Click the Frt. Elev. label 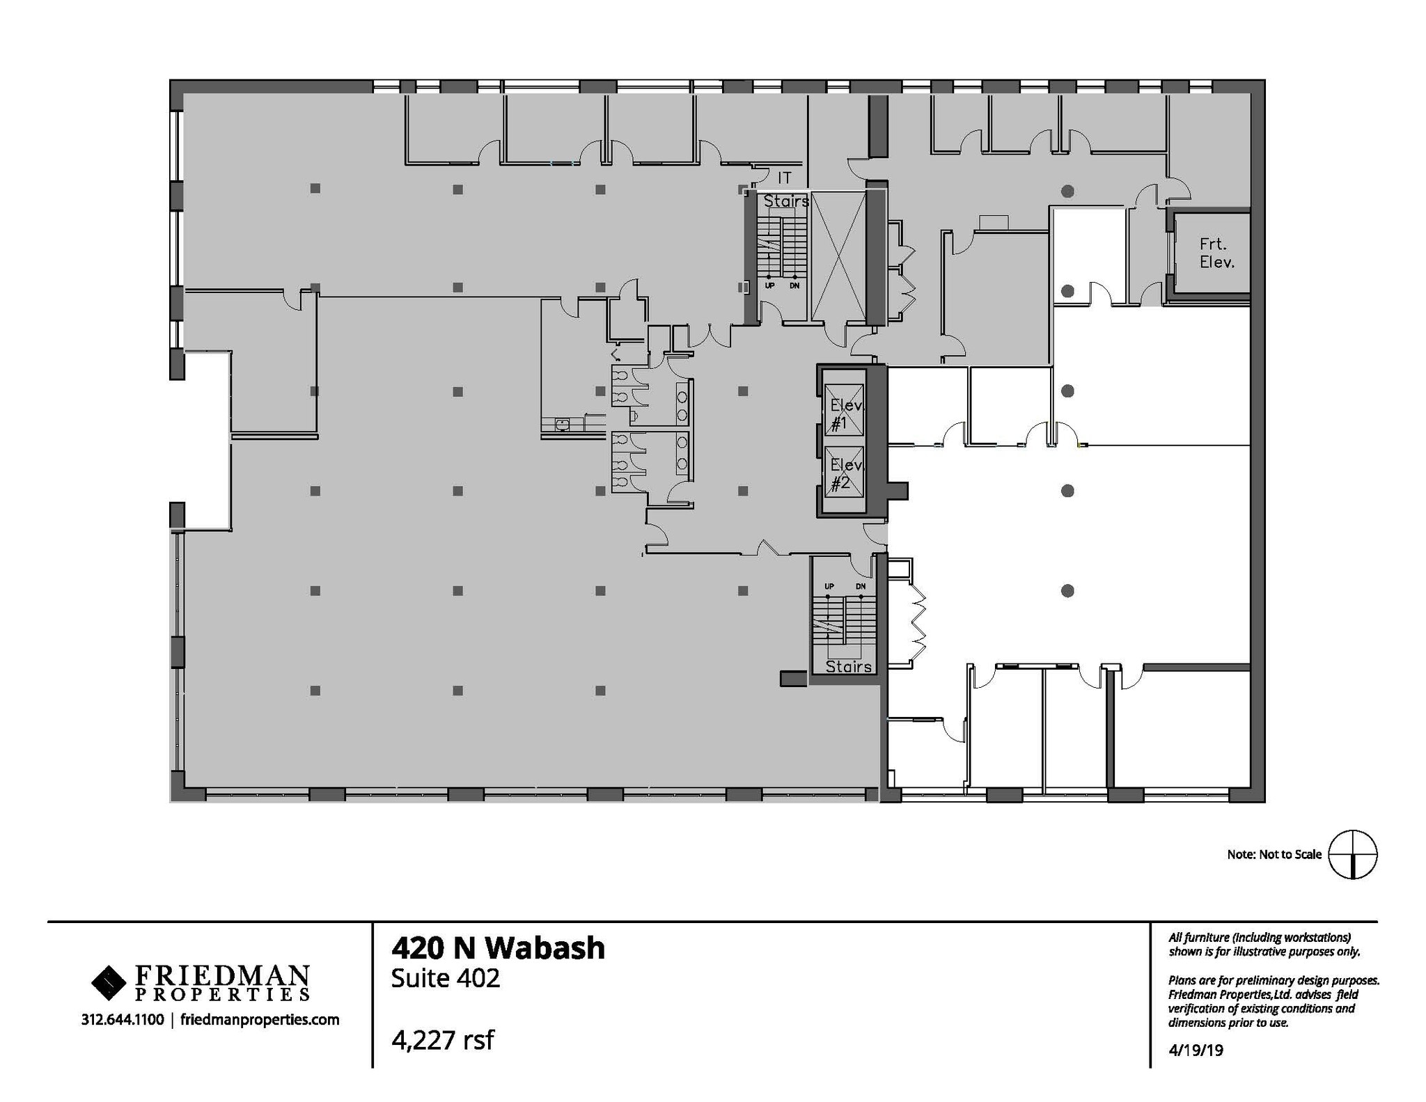pos(1216,253)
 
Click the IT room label pos(785,178)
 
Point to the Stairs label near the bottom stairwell pos(848,666)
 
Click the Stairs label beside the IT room pos(786,201)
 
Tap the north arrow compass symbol pos(1352,854)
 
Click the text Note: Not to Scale pos(1274,854)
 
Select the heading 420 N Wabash pos(498,948)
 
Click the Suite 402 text pos(445,978)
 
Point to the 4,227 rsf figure pos(443,1040)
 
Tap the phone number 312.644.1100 pos(123,1020)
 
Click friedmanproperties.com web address pos(260,1020)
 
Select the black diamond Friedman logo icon pos(108,982)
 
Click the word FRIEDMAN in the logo pos(221,974)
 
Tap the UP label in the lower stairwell pos(829,586)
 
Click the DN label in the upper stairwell pos(794,285)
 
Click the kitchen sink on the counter pos(562,423)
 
